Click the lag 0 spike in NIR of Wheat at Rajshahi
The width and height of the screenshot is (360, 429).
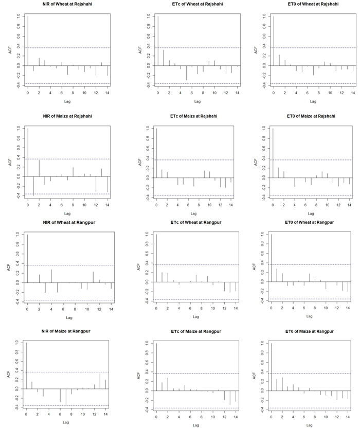28,41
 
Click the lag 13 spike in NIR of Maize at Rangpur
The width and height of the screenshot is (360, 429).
100,381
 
